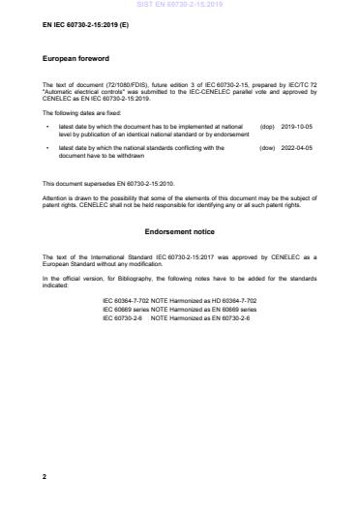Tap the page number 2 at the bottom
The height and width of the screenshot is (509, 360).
[45, 477]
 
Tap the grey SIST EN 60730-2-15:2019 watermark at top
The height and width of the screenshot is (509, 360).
[179, 4]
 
